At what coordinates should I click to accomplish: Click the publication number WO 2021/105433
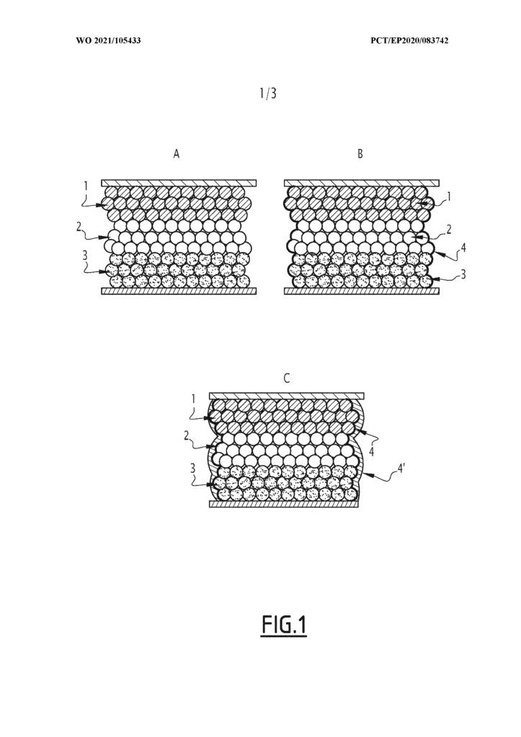108,41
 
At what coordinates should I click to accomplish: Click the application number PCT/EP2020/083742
409,41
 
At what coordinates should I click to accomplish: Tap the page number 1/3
268,94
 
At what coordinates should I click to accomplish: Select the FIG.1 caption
284,625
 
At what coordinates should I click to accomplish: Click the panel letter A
177,154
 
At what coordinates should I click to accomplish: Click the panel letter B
360,154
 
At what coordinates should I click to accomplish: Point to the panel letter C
287,379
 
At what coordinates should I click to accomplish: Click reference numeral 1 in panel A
86,186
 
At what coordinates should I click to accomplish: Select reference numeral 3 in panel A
85,256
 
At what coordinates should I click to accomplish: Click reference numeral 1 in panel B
449,196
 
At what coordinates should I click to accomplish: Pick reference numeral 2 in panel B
449,230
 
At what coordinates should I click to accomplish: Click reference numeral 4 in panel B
463,247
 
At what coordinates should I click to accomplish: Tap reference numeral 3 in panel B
463,274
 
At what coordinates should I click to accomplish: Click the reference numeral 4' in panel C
401,469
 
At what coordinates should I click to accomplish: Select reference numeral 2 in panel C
187,435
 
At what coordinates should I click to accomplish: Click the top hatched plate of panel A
179,182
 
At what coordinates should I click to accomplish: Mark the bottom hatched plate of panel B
362,291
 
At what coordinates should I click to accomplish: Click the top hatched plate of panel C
286,396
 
